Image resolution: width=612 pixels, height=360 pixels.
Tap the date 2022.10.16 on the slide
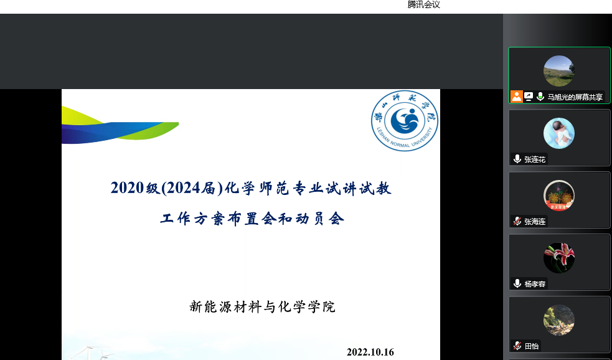[x=370, y=352]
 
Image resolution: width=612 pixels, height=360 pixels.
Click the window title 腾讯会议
[x=423, y=5]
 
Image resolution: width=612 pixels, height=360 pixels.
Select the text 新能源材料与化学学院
[x=262, y=307]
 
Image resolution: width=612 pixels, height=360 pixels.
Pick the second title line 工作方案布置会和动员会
[x=252, y=219]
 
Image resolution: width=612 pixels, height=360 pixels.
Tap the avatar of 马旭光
[x=558, y=71]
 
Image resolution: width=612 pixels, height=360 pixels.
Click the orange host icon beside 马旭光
[x=516, y=97]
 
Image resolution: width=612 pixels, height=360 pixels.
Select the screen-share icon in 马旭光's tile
[x=529, y=97]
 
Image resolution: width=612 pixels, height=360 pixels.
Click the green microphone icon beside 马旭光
[x=540, y=97]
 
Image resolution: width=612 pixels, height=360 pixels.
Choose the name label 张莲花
[x=535, y=159]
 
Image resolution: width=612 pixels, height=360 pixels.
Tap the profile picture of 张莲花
[x=558, y=133]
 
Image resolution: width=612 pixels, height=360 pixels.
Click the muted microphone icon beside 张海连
[x=517, y=221]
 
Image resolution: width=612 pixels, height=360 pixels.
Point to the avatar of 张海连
[x=558, y=196]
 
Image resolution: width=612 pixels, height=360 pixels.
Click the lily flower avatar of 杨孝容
[x=558, y=257]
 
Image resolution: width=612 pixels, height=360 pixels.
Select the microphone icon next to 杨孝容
[x=517, y=283]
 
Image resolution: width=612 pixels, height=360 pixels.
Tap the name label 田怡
[x=532, y=346]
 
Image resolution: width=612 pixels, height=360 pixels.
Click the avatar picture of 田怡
[x=558, y=320]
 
